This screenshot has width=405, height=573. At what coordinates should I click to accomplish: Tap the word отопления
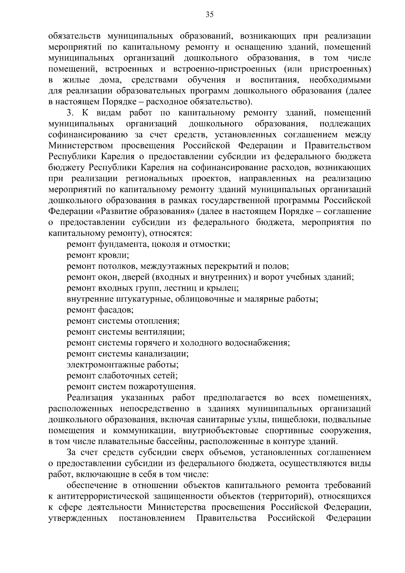(157, 321)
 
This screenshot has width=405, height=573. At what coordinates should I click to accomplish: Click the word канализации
(162, 354)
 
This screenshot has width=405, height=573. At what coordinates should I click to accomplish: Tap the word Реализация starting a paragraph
(90, 398)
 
